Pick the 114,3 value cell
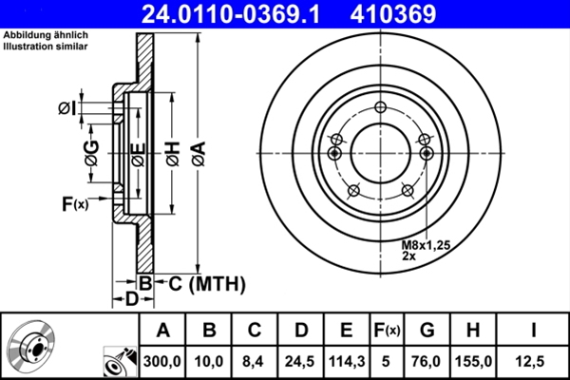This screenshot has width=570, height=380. point(346,361)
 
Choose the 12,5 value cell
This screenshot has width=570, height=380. point(534,361)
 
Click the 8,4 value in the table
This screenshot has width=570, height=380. point(255,361)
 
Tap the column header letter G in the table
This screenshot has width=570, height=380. point(427,331)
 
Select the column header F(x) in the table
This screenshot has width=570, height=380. point(388,331)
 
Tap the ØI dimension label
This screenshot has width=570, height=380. point(66,108)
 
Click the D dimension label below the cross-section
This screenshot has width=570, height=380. point(132,299)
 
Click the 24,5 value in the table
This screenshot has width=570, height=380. point(300,361)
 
